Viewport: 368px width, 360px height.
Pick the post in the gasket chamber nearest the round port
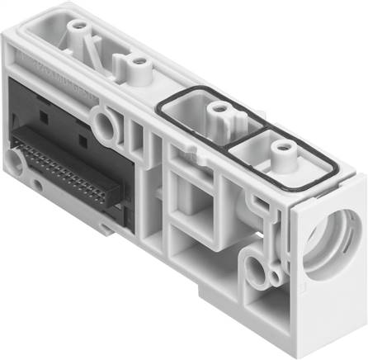click(284, 152)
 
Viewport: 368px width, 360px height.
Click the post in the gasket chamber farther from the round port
click(218, 107)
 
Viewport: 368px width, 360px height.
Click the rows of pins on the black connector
click(66, 173)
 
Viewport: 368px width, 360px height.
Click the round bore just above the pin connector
click(106, 126)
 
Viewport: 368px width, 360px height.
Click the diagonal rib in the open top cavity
click(99, 50)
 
